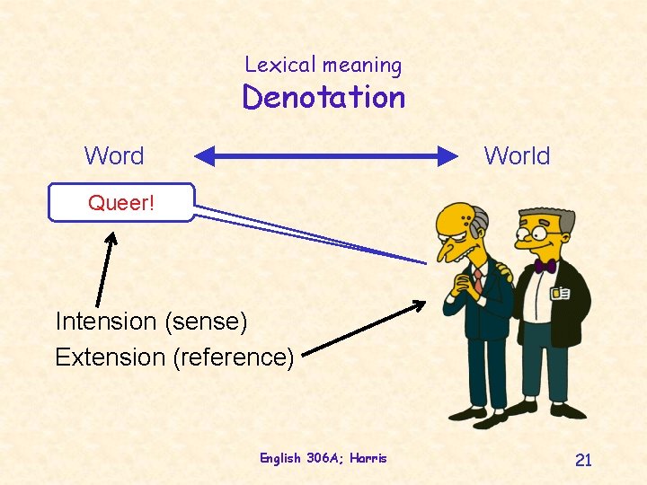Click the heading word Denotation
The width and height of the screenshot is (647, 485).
click(323, 97)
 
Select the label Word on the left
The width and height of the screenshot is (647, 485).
click(114, 156)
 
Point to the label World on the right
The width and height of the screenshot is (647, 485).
click(517, 156)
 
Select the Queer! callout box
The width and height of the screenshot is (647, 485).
click(121, 203)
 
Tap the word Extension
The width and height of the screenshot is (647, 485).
click(109, 357)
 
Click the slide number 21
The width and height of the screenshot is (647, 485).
click(583, 461)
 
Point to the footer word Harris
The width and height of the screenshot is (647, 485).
click(369, 458)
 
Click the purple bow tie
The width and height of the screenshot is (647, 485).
click(545, 266)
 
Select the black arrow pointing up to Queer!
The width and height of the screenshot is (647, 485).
click(104, 269)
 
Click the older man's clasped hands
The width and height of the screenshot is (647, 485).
click(464, 288)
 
